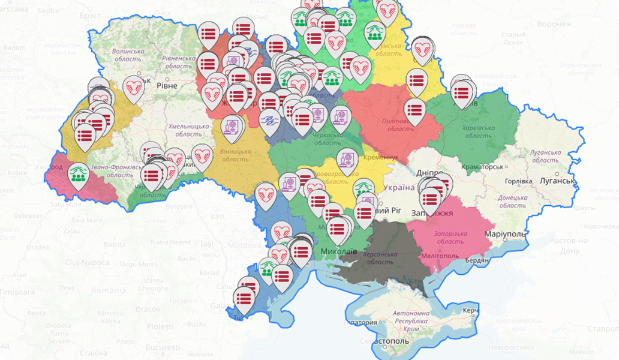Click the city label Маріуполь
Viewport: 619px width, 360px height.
(x=507, y=233)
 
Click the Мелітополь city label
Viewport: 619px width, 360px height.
(x=439, y=256)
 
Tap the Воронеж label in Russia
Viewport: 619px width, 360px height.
(x=554, y=24)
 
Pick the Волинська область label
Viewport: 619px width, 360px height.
(x=128, y=55)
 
